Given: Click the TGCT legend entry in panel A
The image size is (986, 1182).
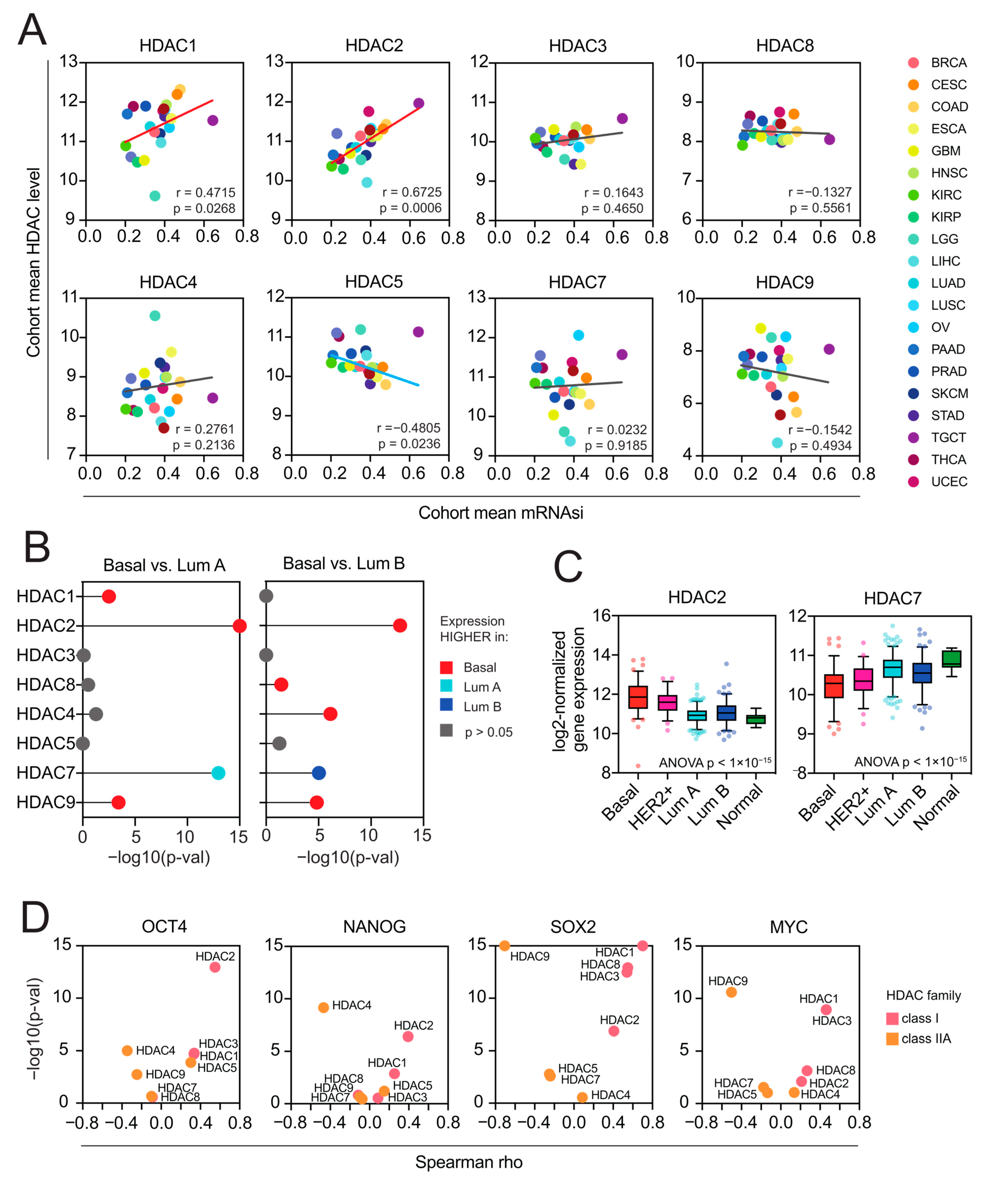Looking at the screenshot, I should point(948,437).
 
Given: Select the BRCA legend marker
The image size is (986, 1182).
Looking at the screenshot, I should point(913,62).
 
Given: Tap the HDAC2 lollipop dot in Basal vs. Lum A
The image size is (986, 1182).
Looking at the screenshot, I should point(240,626).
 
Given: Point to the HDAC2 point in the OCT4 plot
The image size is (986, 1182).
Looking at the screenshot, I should point(215,967).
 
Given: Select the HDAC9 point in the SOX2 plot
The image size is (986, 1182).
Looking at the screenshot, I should point(504,946).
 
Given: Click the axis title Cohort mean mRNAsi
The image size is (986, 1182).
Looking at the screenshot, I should point(501,513).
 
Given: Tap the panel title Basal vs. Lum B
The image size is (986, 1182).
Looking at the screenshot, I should point(344,563).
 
